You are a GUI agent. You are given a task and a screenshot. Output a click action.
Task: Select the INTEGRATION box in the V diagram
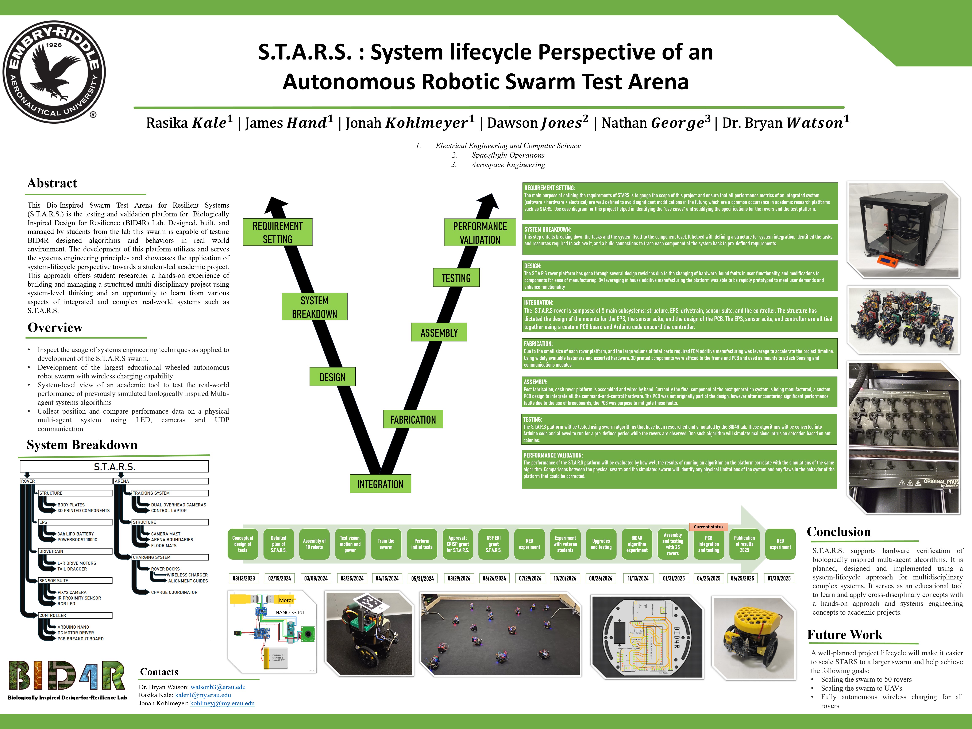coord(380,484)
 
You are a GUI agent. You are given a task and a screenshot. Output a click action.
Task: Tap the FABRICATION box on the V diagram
coord(413,419)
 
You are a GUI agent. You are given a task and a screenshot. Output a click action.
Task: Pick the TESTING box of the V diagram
coord(456,278)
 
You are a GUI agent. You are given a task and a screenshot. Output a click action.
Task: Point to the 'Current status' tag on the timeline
coord(708,526)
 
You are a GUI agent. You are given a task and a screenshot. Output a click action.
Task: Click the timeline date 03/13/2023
coord(243,578)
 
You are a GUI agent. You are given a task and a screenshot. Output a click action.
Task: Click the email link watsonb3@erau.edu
coord(218,687)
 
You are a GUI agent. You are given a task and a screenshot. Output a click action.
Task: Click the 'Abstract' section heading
coord(52,183)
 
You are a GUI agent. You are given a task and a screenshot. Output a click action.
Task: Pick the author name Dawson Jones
coord(537,123)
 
